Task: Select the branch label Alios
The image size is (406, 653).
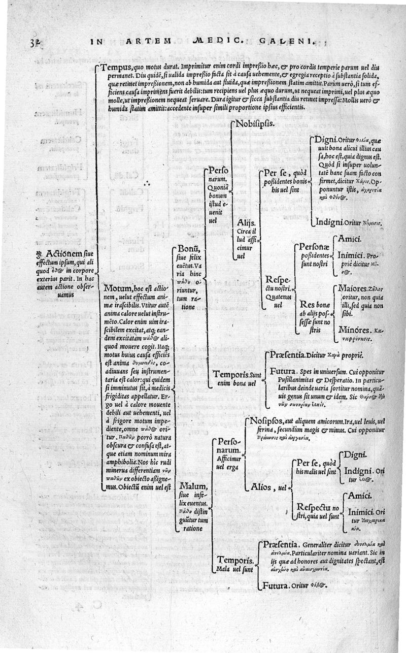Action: [x=262, y=487]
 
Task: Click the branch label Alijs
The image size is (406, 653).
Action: [x=247, y=223]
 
